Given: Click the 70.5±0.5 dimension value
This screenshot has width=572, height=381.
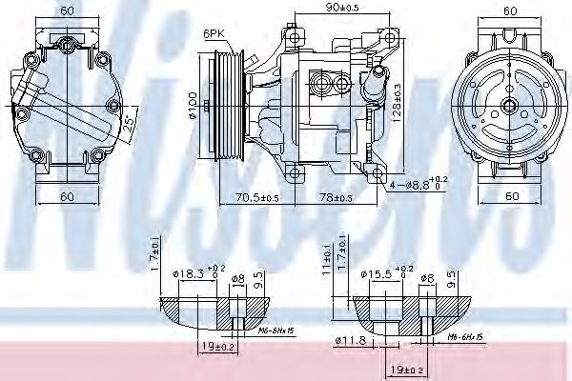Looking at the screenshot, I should pos(255,198).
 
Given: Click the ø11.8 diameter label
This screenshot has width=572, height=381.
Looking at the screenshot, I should pos(351,340).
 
